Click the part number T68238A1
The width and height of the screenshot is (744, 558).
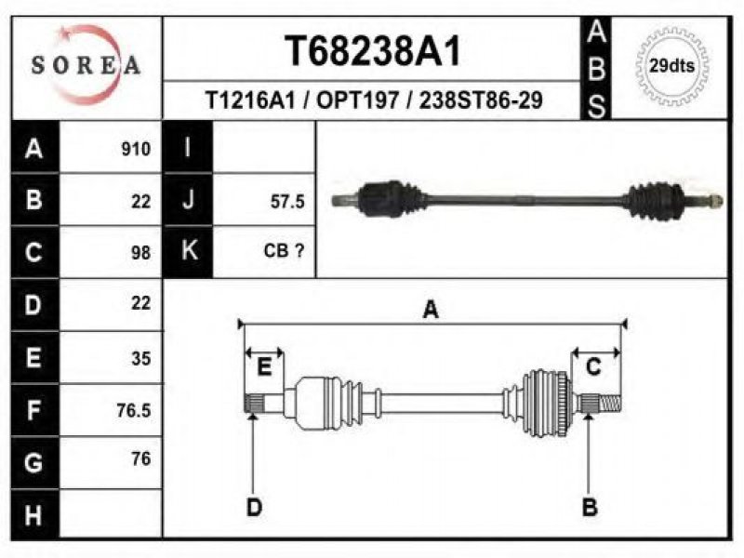point(373,51)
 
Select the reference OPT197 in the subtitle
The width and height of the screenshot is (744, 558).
point(357,100)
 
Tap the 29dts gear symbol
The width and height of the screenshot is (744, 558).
point(671,66)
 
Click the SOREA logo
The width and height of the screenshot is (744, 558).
point(86,65)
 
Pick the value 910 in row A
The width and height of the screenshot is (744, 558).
point(136,150)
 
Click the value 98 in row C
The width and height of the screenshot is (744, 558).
point(141,253)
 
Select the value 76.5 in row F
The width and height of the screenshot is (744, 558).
point(134,410)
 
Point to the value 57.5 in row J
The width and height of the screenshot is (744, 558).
point(287,202)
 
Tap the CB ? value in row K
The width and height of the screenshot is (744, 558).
point(284,250)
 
